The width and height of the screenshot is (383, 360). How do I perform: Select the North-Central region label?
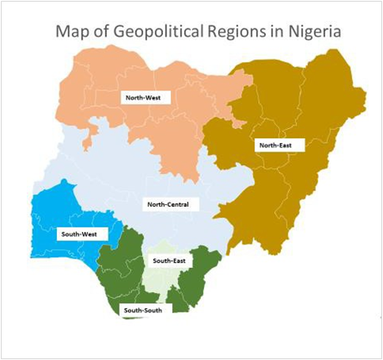(x=167, y=204)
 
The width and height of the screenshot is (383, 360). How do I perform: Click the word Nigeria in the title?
(x=311, y=33)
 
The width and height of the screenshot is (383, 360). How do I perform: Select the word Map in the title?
(x=72, y=33)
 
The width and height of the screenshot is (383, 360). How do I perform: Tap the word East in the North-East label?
(x=289, y=146)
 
